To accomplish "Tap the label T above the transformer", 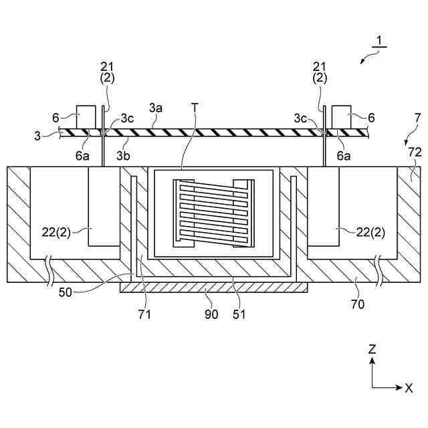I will coord(195,107).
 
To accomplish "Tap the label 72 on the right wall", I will coord(415,153).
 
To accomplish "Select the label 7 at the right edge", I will coord(417,118).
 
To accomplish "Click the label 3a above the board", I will coord(155,107).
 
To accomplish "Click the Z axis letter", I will coord(372,348).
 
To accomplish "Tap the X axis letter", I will coord(408,387).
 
